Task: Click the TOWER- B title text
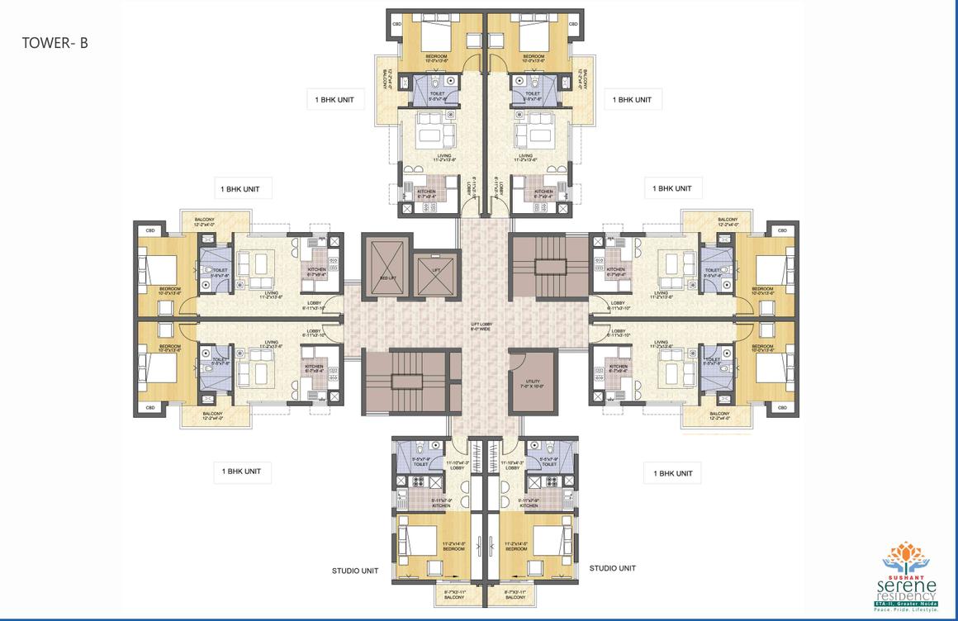pos(55,44)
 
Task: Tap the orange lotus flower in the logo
pos(906,552)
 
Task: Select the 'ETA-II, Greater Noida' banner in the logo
pos(906,605)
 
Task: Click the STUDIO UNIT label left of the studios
pos(355,570)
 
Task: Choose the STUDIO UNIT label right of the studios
pos(612,568)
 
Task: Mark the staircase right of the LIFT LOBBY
pos(548,266)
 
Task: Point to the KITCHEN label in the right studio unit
pos(529,505)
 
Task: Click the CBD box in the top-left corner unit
pos(396,24)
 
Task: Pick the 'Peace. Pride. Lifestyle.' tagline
pos(906,613)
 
